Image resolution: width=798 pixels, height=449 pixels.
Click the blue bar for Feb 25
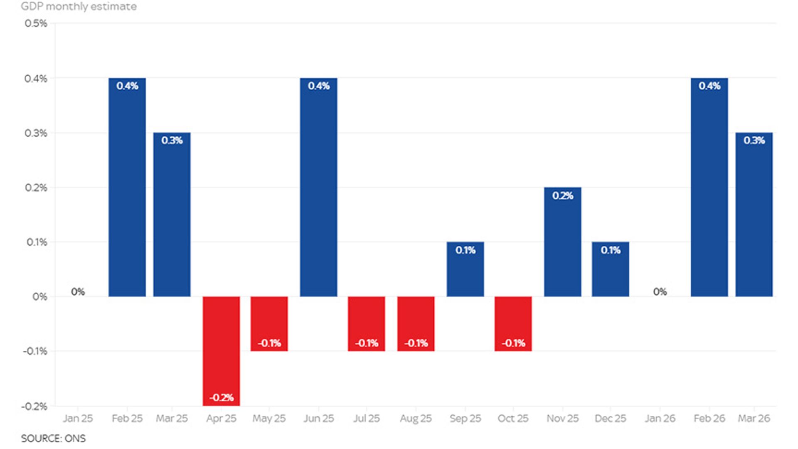tap(127, 187)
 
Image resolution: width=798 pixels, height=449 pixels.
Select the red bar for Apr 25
tap(221, 351)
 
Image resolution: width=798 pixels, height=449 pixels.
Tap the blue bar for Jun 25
tap(319, 187)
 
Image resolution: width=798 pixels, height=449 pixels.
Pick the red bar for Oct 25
tap(513, 324)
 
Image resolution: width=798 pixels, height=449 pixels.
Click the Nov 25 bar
tap(563, 242)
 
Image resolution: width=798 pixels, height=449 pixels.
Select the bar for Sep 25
tap(465, 269)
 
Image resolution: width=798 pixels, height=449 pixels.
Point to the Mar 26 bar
tap(754, 215)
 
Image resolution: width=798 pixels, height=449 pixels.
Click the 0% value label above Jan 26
tap(660, 292)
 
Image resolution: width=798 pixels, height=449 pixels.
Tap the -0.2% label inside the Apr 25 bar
tap(222, 398)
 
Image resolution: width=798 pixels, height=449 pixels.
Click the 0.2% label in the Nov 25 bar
tap(563, 196)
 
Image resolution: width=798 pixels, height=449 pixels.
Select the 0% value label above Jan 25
tap(78, 292)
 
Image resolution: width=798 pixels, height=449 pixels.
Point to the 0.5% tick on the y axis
tap(36, 23)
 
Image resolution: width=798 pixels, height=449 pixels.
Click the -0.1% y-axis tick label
tap(35, 351)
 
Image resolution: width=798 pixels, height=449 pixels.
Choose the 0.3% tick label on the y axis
tap(36, 133)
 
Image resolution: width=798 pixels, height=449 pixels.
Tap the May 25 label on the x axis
tap(269, 419)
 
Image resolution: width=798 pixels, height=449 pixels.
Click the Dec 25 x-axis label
tap(611, 418)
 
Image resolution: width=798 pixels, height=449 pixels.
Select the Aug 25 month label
tap(416, 419)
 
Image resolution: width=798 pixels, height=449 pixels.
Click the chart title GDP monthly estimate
tap(79, 7)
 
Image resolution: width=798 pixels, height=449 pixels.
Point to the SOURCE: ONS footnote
tap(53, 439)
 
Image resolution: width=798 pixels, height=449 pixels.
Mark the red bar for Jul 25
tap(367, 324)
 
